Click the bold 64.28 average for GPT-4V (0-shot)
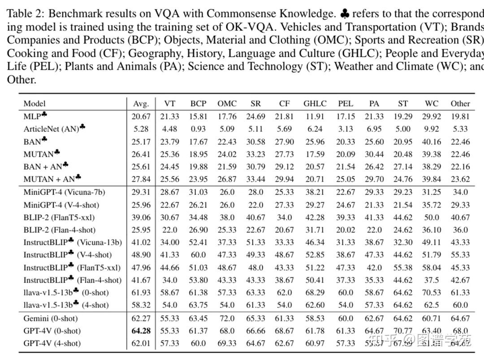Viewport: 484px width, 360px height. pos(141,331)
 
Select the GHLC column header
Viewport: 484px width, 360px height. pos(315,103)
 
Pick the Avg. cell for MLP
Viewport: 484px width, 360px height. pos(141,116)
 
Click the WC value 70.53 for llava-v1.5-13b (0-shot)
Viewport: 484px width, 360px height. pos(432,293)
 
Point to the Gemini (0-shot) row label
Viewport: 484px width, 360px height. pos(51,318)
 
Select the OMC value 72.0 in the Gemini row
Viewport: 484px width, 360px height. pos(227,318)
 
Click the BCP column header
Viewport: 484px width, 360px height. pos(198,103)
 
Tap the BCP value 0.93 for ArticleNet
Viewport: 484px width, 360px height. pos(198,129)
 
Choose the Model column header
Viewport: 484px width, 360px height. pos(35,103)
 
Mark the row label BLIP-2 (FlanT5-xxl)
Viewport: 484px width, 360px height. pos(59,218)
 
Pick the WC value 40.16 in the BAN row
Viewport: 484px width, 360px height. pos(432,141)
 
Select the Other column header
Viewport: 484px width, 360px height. pos(460,103)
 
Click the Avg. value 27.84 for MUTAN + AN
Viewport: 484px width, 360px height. pos(141,180)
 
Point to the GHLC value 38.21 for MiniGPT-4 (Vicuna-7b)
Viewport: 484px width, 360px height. pos(315,192)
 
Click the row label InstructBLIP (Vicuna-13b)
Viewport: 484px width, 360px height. pos(72,242)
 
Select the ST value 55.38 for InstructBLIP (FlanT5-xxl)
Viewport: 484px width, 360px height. pos(403,268)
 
